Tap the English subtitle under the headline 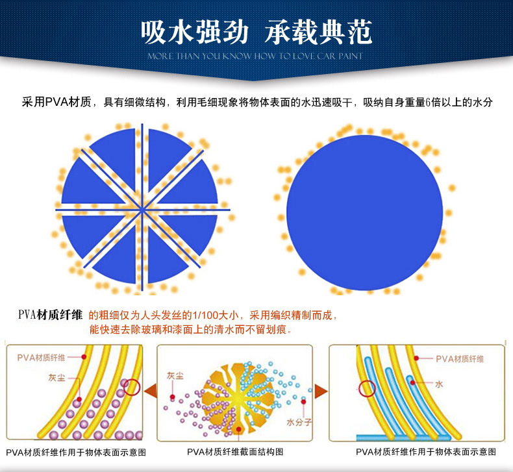[256, 56]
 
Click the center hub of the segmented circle [142, 209]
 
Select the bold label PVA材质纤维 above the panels [50, 315]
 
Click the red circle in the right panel [368, 389]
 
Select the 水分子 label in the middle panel [299, 422]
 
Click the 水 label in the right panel [439, 384]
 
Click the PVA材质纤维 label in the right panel [460, 358]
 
